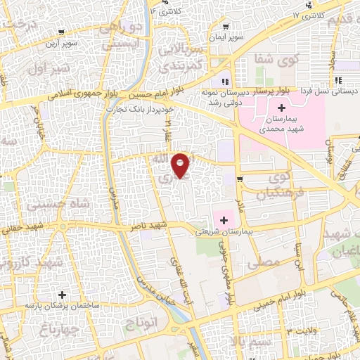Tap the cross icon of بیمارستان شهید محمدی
point(282,108)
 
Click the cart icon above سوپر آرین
point(62,32)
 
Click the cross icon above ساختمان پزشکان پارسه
point(63,295)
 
